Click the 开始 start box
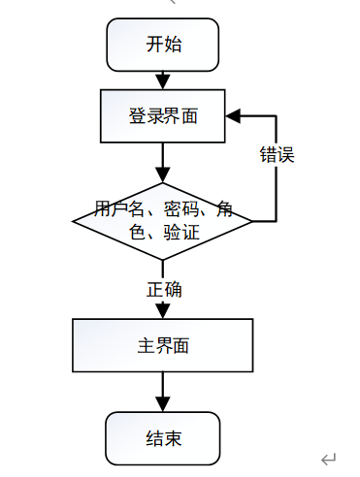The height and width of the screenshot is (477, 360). click(x=163, y=45)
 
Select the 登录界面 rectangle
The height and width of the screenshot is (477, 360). click(x=163, y=116)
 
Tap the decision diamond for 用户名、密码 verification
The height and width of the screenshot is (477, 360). click(x=162, y=221)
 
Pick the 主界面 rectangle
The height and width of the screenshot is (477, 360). click(x=163, y=345)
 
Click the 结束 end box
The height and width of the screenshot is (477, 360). click(x=163, y=438)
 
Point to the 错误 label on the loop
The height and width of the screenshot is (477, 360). click(x=278, y=154)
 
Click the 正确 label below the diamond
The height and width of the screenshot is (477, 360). click(x=164, y=289)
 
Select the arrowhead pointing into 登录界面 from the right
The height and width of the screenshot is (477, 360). click(x=233, y=116)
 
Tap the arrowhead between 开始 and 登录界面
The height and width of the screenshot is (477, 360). click(x=163, y=81)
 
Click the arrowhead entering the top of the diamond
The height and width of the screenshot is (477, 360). click(x=163, y=175)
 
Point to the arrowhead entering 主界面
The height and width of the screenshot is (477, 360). click(x=163, y=311)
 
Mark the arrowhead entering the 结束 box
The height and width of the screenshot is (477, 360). click(x=163, y=404)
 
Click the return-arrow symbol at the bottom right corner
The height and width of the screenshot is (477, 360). click(x=329, y=459)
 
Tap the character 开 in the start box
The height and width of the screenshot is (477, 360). click(x=154, y=45)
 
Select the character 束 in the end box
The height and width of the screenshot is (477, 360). click(x=173, y=438)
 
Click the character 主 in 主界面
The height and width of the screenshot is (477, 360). click(x=146, y=345)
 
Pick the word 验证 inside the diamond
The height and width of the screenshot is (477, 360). click(x=181, y=233)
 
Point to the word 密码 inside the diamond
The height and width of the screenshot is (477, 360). click(x=181, y=209)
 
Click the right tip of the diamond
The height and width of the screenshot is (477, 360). click(x=252, y=221)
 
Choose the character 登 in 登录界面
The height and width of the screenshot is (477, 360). click(x=138, y=116)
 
